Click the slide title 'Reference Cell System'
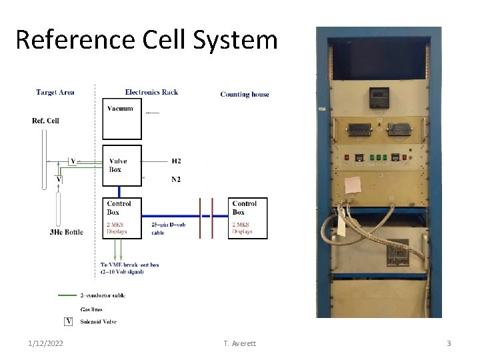(146, 40)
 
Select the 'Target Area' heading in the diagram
(55, 93)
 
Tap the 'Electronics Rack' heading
(151, 93)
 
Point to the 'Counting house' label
(245, 95)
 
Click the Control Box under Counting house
(247, 218)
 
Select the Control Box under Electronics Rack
(121, 218)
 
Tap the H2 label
(176, 161)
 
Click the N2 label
(176, 179)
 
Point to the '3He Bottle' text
(66, 233)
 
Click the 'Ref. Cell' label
(45, 121)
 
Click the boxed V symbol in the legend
(68, 322)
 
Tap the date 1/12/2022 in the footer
(47, 343)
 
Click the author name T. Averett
(239, 343)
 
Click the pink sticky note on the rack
(353, 184)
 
